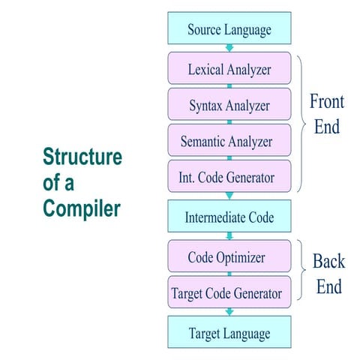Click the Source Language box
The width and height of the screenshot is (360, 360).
click(x=229, y=30)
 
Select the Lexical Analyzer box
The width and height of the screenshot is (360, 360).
click(x=229, y=69)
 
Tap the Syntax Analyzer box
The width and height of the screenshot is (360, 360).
click(x=229, y=105)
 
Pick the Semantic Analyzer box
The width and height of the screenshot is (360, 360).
click(x=229, y=141)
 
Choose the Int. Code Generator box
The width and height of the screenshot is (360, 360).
click(x=229, y=177)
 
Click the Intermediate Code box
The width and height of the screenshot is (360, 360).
click(x=229, y=217)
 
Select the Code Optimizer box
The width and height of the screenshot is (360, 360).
click(x=229, y=257)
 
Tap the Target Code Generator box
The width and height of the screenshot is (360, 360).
click(x=229, y=292)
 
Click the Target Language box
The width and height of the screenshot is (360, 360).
click(x=229, y=332)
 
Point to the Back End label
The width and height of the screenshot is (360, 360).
click(x=328, y=274)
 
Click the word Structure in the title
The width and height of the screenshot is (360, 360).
click(x=82, y=157)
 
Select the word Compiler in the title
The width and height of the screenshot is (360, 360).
click(x=82, y=208)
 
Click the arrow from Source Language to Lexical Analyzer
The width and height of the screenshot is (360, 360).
click(x=229, y=48)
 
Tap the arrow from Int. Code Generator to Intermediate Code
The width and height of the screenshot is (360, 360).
click(x=229, y=196)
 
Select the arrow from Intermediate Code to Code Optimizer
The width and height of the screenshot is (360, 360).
click(x=229, y=236)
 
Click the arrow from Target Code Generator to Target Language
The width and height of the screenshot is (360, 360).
click(x=229, y=311)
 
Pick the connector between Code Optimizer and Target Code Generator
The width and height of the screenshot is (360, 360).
click(x=229, y=274)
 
